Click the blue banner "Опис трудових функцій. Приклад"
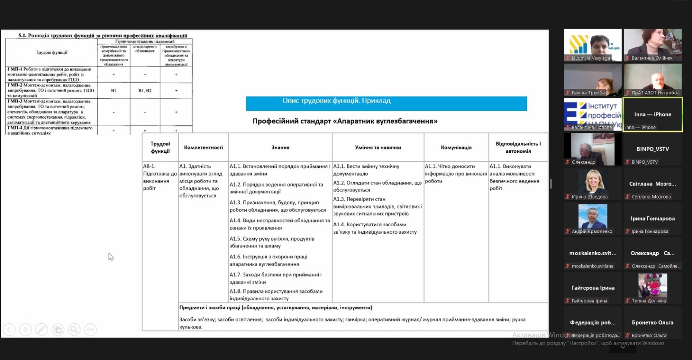[386, 103]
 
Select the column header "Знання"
[280, 148]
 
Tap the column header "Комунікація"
[456, 148]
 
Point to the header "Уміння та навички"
[378, 148]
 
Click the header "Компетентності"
[203, 148]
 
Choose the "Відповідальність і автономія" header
[518, 148]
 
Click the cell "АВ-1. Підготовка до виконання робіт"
[160, 177]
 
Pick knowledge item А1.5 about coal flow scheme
[272, 242]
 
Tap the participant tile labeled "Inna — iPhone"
[653, 115]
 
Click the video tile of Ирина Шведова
[593, 183]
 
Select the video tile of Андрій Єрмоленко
[593, 218]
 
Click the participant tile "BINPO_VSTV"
[653, 149]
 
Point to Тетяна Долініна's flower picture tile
[653, 287]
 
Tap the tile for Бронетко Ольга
[653, 323]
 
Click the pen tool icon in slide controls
[42, 330]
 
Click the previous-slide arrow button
[9, 330]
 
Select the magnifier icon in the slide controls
[74, 330]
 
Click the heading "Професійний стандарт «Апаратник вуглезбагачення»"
[345, 121]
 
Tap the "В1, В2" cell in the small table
[145, 91]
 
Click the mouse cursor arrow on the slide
[111, 257]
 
